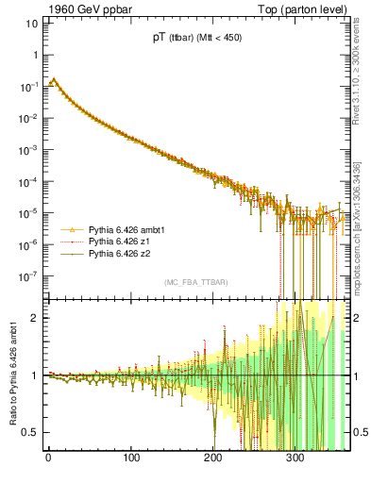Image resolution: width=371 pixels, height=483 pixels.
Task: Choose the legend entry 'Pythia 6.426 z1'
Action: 120,241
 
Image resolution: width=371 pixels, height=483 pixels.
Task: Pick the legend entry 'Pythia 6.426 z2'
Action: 120,254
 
